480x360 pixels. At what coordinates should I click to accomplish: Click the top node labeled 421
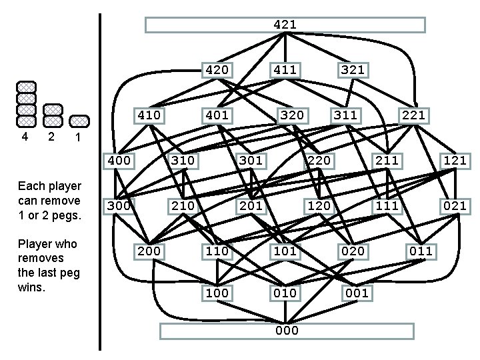tap(285, 25)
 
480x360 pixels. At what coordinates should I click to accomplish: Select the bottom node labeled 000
tap(287, 331)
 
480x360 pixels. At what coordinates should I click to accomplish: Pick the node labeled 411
tap(285, 69)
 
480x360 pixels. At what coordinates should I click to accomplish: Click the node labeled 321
tap(353, 69)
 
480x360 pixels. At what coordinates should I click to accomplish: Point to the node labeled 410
tap(149, 115)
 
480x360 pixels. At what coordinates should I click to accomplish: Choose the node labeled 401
tap(217, 115)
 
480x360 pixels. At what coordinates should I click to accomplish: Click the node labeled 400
tap(119, 160)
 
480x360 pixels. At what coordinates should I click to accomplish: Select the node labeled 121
tap(455, 160)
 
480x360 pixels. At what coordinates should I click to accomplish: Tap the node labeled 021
tap(455, 205)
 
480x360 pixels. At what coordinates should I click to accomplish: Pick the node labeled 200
tap(149, 251)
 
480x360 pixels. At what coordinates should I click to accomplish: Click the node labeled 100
tap(217, 293)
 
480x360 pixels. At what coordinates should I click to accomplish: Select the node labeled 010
tap(285, 293)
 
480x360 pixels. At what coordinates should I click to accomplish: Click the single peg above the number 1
tap(79, 121)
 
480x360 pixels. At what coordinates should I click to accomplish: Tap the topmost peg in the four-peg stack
tap(26, 87)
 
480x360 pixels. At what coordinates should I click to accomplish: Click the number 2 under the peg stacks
tap(51, 137)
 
